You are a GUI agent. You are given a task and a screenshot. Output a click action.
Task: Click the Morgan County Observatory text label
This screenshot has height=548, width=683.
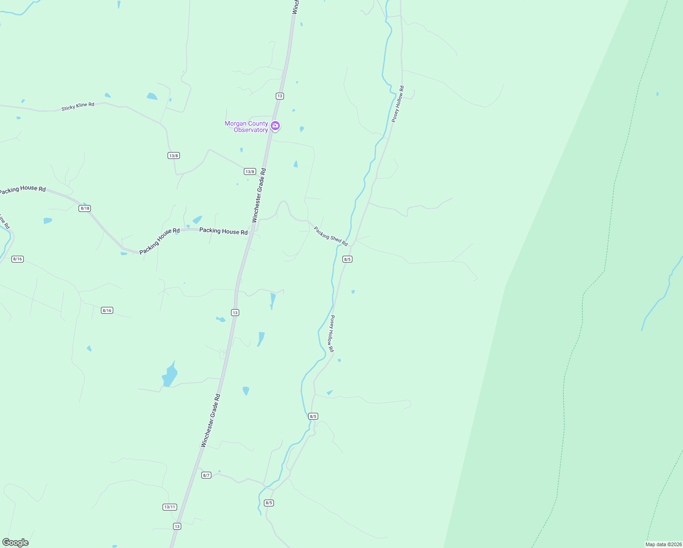point(246,126)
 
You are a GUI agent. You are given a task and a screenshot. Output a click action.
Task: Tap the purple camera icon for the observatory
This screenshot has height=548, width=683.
point(275,126)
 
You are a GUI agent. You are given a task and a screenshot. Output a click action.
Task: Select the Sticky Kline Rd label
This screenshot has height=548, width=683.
point(78,106)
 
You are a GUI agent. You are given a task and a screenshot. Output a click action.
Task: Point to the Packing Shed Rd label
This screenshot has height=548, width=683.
point(331,236)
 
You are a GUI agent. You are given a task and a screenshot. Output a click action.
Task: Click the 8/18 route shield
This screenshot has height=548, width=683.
point(85,208)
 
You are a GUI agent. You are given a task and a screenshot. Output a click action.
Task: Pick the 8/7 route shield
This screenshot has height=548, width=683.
point(206,475)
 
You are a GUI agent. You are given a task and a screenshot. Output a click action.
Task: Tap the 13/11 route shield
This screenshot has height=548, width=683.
point(169,507)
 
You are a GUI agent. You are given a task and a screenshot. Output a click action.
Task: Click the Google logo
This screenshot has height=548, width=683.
point(16,543)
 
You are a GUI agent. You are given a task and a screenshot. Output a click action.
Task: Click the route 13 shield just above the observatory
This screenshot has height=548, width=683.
point(280,96)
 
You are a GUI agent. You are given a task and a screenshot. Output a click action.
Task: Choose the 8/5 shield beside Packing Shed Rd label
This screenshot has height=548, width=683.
point(347,259)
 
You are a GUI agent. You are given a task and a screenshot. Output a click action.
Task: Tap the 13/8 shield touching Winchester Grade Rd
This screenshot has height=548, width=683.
point(250,172)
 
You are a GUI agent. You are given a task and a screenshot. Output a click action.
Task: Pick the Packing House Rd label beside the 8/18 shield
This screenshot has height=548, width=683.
point(23,189)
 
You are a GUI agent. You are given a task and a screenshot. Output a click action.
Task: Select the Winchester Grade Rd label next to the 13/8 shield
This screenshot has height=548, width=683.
point(259,195)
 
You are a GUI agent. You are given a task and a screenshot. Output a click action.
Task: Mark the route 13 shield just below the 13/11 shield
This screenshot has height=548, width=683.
point(177,526)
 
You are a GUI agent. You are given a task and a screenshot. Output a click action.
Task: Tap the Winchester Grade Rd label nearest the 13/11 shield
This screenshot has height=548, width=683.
point(210,421)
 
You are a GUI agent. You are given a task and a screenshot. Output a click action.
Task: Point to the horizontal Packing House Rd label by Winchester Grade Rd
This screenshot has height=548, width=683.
point(223,231)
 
